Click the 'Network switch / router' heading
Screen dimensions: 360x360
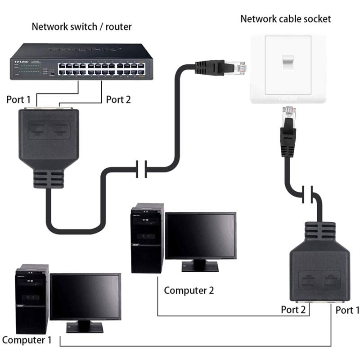81,27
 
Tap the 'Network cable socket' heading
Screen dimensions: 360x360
285,18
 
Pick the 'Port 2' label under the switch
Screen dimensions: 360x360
118,99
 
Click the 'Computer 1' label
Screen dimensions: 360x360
27,340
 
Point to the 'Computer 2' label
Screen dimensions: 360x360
189,290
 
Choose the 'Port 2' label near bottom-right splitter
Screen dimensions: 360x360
293,310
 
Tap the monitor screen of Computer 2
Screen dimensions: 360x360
200,236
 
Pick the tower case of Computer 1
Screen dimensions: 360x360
31,299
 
